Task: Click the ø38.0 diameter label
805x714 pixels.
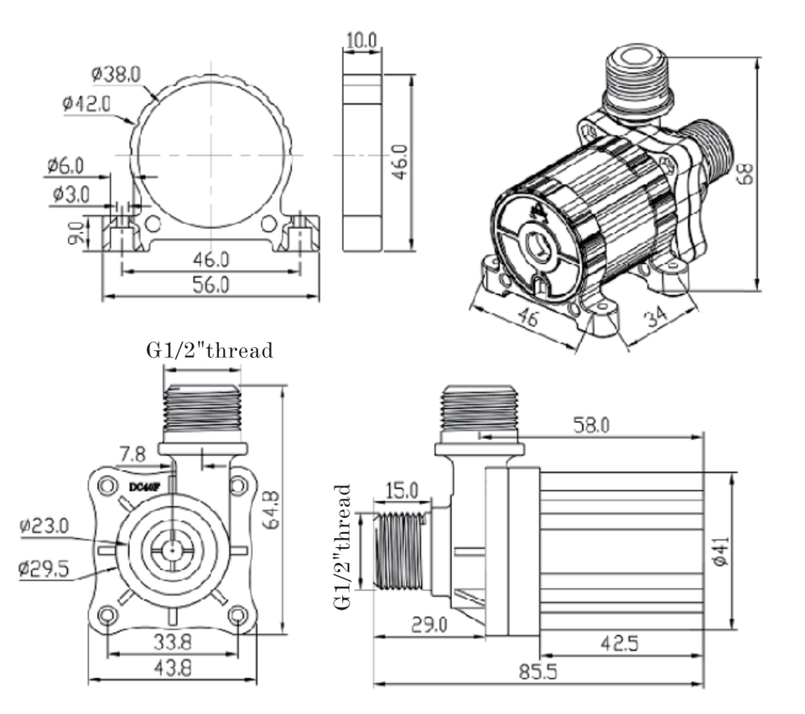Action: [x=116, y=75]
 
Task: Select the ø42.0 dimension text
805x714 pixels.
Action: [x=86, y=104]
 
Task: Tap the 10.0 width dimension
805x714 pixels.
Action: [x=361, y=40]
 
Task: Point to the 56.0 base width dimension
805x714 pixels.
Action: [x=211, y=285]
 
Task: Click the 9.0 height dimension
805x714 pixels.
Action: [x=76, y=233]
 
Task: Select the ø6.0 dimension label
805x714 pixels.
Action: [x=65, y=166]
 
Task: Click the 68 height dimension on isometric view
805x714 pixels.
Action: [x=745, y=173]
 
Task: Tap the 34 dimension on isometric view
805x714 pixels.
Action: [x=656, y=317]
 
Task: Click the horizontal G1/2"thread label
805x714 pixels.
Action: [x=210, y=350]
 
